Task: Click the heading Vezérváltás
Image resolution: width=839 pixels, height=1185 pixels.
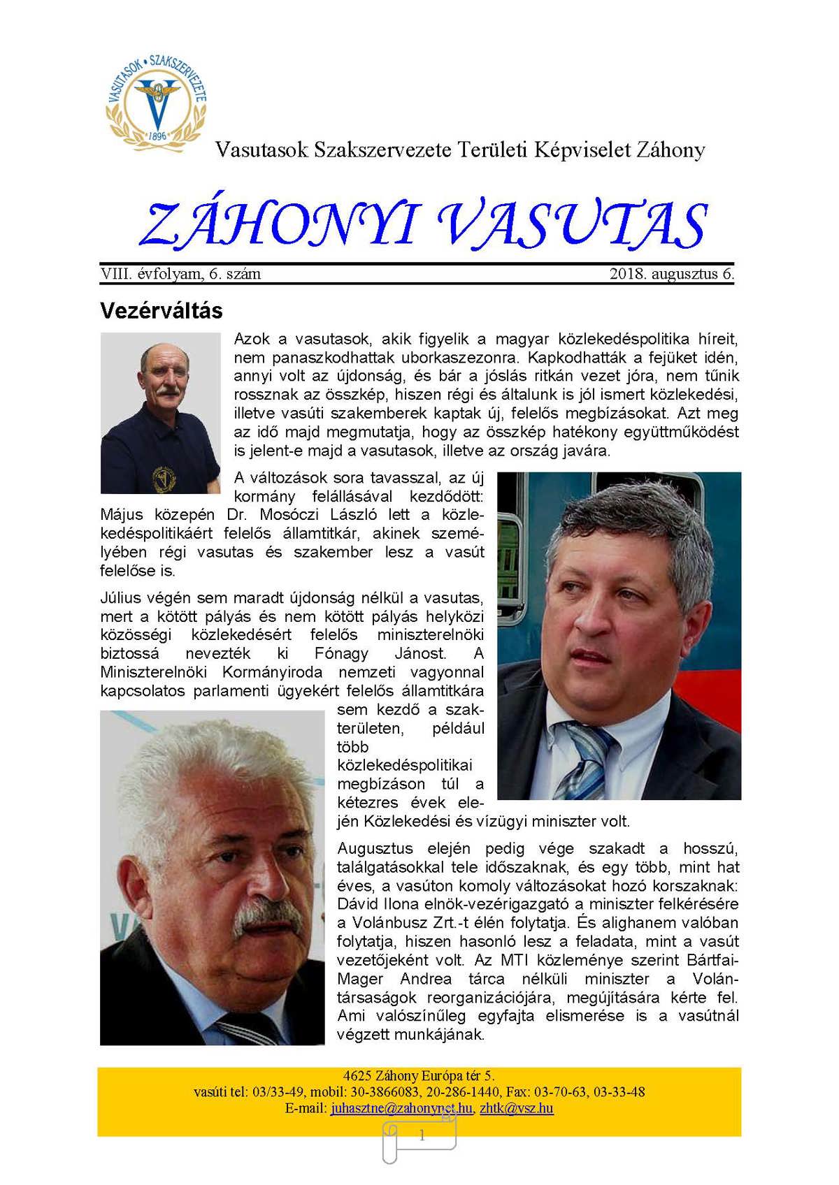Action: pyautogui.click(x=162, y=311)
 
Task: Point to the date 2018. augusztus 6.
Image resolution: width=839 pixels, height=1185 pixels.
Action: pyautogui.click(x=671, y=274)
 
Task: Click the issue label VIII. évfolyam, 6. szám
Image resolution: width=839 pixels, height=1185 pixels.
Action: pyautogui.click(x=180, y=274)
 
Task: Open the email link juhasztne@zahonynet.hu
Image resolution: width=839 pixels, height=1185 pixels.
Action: pyautogui.click(x=401, y=1108)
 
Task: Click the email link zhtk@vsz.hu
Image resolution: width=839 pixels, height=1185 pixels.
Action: pyautogui.click(x=517, y=1108)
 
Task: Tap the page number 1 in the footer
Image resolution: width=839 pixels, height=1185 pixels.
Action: pyautogui.click(x=422, y=1136)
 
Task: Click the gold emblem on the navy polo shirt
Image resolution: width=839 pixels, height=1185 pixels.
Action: pyautogui.click(x=164, y=478)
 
